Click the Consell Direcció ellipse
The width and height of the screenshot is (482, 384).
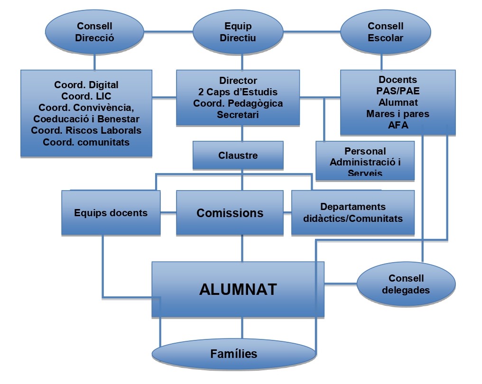(95, 32)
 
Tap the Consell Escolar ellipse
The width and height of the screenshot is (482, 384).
(386, 32)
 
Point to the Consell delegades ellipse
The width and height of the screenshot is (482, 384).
(406, 284)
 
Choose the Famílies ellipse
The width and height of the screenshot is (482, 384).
(233, 354)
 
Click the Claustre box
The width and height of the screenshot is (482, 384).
(238, 155)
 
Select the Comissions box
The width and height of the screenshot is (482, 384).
(230, 213)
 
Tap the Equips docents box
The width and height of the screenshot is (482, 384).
(111, 213)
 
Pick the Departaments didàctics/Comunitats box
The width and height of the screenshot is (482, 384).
(352, 213)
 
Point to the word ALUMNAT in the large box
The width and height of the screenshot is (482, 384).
(238, 289)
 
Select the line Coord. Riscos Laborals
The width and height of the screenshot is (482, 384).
(86, 130)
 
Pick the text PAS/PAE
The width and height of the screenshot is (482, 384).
(398, 91)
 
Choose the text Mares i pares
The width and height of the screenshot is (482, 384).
(398, 113)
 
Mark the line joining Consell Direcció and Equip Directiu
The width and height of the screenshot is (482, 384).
(169, 32)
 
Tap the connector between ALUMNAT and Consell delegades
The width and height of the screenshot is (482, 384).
(340, 284)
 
